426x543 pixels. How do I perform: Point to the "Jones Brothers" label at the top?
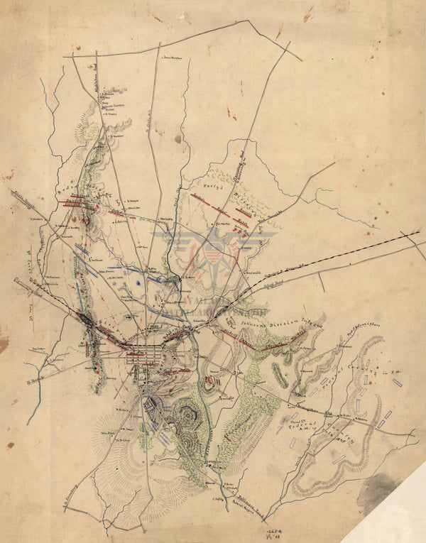173,57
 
